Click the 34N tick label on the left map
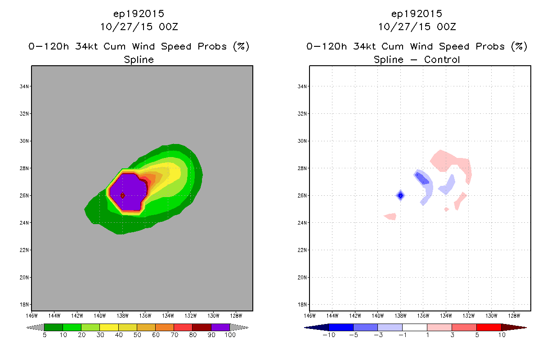[x=24, y=86]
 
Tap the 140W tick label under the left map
[x=100, y=316]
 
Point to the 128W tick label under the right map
[x=514, y=316]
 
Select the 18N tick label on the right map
[x=302, y=305]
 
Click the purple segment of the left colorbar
[x=220, y=327]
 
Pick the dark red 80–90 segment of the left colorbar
[x=202, y=327]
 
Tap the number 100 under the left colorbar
[x=230, y=335]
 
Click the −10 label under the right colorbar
[x=329, y=335]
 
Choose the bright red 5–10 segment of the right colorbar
[x=489, y=327]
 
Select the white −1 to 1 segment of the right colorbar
[x=415, y=327]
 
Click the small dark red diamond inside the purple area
[x=122, y=196]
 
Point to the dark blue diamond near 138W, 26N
[x=400, y=196]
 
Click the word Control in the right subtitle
[x=442, y=60]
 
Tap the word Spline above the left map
[x=139, y=60]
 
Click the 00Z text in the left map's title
[x=169, y=27]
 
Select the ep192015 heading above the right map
[x=417, y=14]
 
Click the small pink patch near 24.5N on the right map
[x=390, y=216]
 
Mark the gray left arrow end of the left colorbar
[x=35, y=328]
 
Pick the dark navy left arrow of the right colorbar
[x=317, y=328]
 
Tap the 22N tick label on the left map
[x=24, y=250]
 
